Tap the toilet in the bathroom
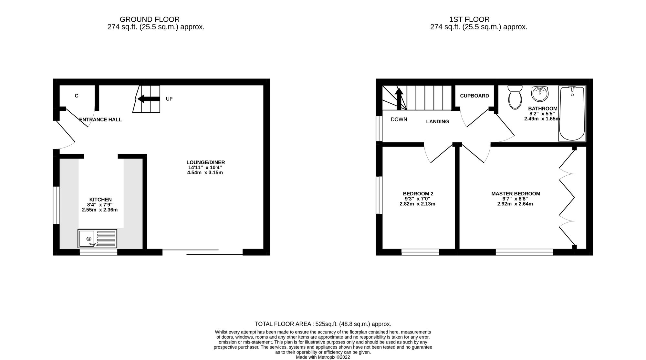(x=515, y=97)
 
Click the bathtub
(x=572, y=113)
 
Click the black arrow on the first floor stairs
(x=399, y=98)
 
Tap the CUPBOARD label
(x=474, y=96)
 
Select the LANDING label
(x=437, y=122)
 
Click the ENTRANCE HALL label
(x=100, y=120)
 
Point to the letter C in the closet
(x=77, y=96)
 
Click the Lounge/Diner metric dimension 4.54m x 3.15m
(x=205, y=173)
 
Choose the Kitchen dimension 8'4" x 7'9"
(x=100, y=205)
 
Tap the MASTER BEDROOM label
(x=516, y=194)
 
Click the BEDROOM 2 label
(x=418, y=194)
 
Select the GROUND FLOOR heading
(x=150, y=20)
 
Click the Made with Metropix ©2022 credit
(x=323, y=357)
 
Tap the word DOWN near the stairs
(x=399, y=119)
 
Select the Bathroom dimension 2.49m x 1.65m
(x=542, y=119)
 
